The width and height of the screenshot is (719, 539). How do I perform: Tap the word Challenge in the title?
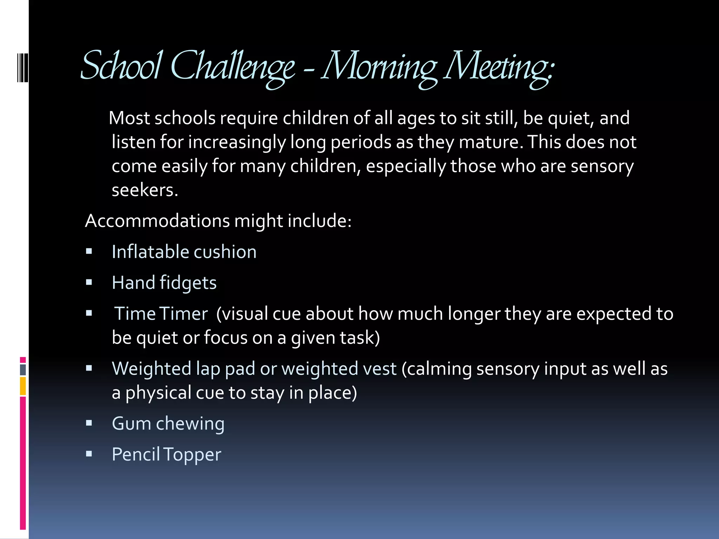232,67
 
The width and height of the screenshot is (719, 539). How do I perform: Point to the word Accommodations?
157,221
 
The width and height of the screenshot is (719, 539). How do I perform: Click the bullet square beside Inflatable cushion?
89,251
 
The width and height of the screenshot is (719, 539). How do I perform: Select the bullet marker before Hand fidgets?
89,282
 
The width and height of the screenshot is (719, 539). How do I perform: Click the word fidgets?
188,283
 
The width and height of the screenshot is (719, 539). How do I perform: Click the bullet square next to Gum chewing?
89,423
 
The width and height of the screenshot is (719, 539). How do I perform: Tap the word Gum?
131,424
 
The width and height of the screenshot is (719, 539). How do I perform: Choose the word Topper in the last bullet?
192,454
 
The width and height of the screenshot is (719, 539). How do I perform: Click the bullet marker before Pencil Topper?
89,454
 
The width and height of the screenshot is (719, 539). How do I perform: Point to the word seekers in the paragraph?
145,190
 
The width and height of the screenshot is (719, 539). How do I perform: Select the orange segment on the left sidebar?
23,386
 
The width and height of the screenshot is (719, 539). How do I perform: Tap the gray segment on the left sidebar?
23,370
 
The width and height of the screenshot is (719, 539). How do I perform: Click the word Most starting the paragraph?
129,118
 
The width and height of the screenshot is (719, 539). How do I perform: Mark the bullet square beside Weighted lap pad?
89,368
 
